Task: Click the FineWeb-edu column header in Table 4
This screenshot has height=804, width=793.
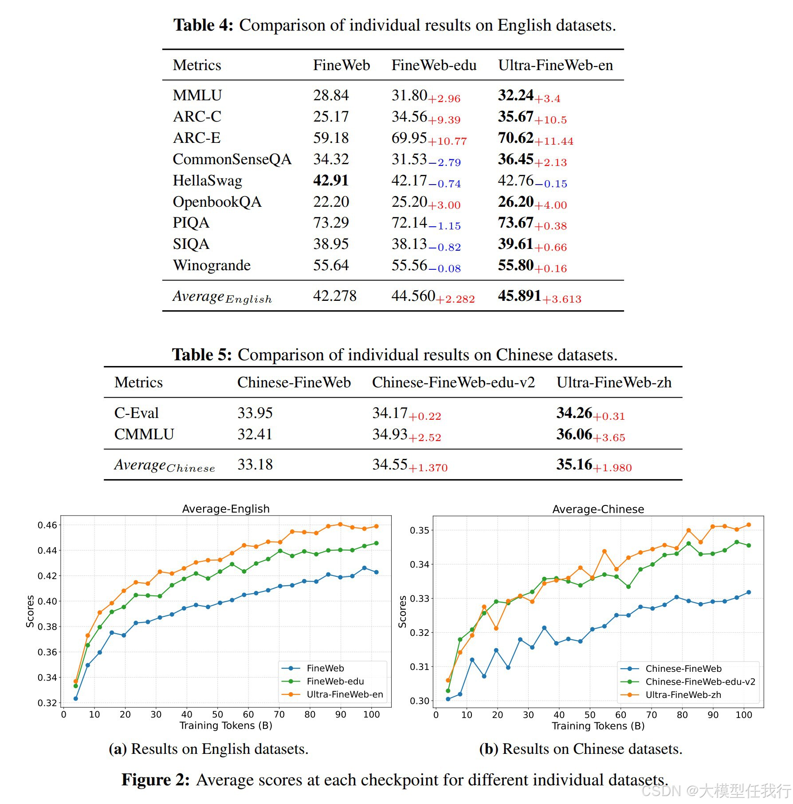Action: tap(433, 65)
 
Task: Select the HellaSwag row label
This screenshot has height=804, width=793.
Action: tap(207, 181)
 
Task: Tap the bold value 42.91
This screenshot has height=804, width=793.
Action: tap(330, 181)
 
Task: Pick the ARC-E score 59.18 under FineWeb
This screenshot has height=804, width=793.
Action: tap(330, 138)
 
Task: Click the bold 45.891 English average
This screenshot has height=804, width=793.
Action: tap(519, 296)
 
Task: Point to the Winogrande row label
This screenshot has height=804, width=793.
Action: tap(212, 265)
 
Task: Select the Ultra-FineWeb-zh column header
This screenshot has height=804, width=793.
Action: tap(614, 382)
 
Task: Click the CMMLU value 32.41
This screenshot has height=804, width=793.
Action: tap(255, 434)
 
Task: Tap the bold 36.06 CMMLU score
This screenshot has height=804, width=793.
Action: tap(574, 434)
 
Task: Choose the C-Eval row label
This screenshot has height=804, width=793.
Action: tap(136, 413)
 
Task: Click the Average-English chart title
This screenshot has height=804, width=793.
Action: tap(226, 509)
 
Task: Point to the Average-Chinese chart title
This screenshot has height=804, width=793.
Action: tap(598, 509)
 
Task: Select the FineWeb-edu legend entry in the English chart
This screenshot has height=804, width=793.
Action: tap(335, 682)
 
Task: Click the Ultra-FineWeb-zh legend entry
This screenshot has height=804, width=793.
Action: tap(683, 695)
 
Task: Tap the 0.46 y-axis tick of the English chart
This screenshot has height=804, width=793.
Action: tap(47, 525)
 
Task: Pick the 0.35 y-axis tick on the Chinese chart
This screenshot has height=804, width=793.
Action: tap(419, 531)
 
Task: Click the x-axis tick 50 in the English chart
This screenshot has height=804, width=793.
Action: tap(217, 715)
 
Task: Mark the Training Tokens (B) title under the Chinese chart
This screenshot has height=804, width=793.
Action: tap(598, 726)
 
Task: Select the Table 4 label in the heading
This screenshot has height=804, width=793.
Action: tap(203, 25)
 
